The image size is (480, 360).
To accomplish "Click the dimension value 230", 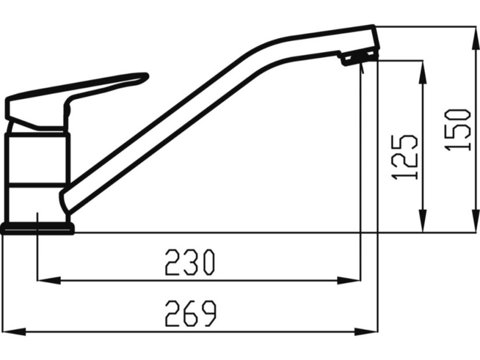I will (190, 262).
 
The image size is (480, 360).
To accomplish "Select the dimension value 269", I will (190, 314).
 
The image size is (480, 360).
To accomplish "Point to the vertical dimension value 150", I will (458, 129).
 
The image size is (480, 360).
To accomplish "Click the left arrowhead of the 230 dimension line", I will (46, 280).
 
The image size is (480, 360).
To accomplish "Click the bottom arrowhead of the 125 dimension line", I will (422, 223).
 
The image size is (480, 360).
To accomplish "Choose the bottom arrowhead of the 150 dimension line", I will (475, 223).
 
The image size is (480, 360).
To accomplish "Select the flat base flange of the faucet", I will (37, 228).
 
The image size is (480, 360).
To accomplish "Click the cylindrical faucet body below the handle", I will (37, 174).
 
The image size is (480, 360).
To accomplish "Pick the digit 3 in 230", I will (190, 262).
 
